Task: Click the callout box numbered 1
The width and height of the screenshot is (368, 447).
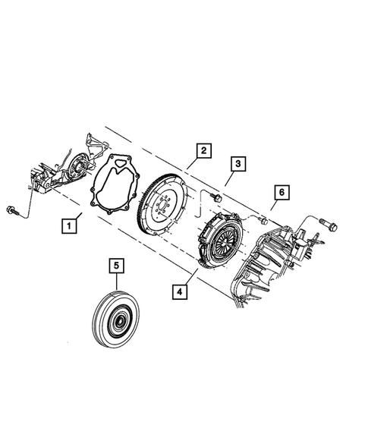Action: click(69, 225)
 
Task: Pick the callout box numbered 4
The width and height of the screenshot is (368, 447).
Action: click(180, 290)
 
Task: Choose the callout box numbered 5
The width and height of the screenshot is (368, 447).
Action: click(116, 266)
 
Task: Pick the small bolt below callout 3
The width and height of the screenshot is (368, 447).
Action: click(217, 197)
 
